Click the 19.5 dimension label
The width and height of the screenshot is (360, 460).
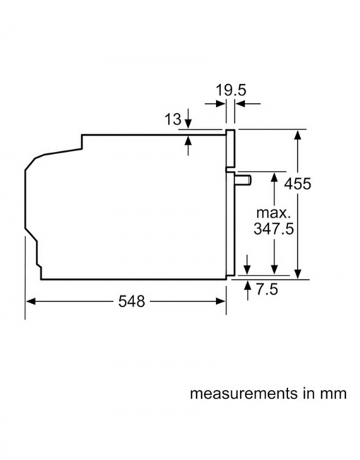point(231,90)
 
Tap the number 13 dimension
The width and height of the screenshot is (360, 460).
point(172,119)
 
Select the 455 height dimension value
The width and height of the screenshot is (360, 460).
point(298,184)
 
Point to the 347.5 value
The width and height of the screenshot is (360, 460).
point(273,228)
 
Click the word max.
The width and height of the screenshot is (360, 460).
point(273,213)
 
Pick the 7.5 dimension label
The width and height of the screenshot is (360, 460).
point(267,290)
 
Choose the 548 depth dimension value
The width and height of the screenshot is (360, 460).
point(131,301)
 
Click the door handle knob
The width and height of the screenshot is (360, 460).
point(243,180)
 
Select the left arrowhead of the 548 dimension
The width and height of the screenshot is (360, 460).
point(31,301)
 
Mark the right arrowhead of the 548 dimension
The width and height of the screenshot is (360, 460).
point(220,301)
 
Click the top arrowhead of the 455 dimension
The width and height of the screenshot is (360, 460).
point(298,135)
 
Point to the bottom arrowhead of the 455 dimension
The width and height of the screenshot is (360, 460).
point(298,273)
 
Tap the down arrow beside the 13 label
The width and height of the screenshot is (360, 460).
point(188,119)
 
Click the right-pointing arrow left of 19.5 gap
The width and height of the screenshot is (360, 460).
point(215,104)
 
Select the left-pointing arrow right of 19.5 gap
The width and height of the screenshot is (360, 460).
point(248,104)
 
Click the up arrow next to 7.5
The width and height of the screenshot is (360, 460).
point(248,290)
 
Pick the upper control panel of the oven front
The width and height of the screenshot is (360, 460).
point(230,149)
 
